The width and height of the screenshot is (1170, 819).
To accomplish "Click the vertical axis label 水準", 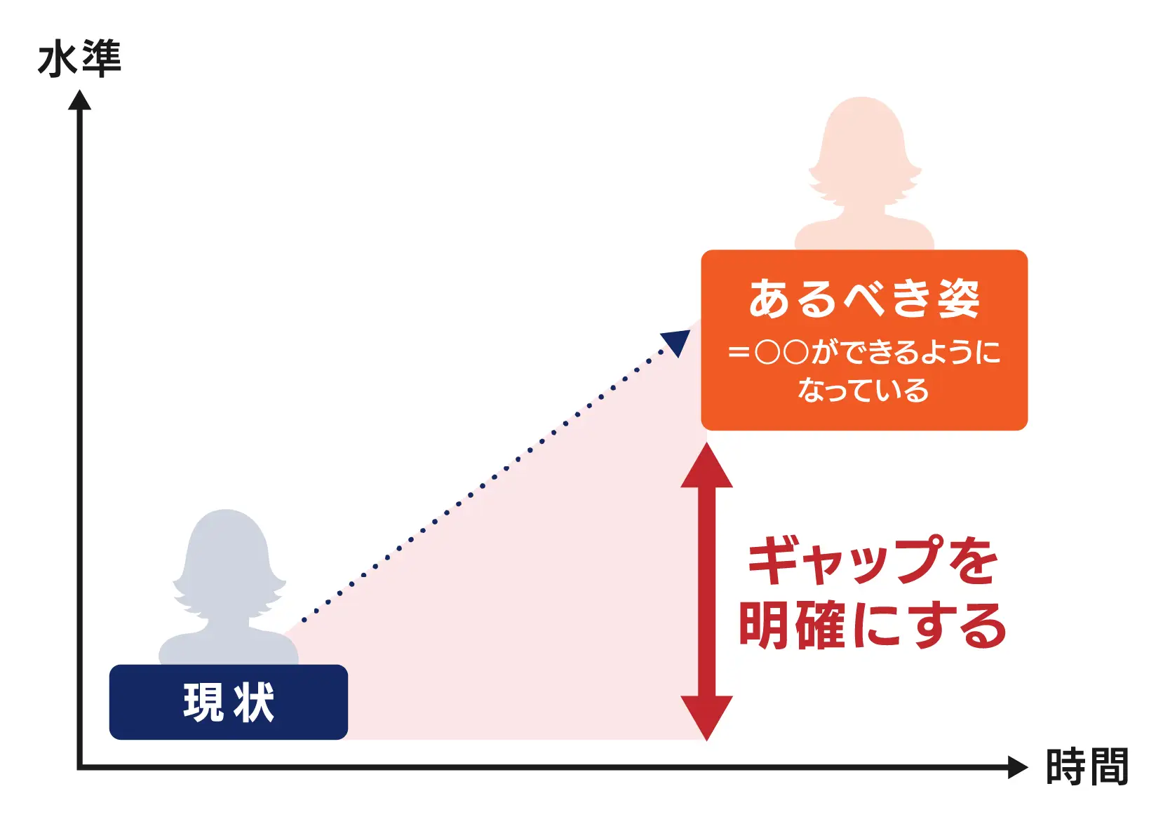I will (79, 59).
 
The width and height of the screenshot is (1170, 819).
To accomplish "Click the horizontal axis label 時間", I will (1087, 766).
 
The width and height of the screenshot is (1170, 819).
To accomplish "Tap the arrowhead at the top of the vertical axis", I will (79, 101).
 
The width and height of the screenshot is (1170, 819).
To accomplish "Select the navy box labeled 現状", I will (228, 702).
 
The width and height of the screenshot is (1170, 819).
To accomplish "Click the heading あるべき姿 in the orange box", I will (864, 299).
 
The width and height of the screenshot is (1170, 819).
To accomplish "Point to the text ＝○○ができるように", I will (864, 351).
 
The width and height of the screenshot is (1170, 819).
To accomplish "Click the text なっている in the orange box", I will (863, 391).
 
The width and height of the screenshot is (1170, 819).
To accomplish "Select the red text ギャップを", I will (872, 561).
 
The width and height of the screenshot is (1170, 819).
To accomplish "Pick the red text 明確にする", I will (872, 625).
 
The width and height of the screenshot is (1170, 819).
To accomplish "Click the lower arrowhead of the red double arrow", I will (707, 716).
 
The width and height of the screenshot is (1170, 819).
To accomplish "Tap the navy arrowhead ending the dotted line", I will (677, 341).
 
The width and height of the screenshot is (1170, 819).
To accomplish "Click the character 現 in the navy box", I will (204, 702).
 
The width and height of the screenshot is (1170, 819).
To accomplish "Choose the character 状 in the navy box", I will (254, 702).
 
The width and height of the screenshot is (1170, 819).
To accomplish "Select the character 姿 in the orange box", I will (959, 299).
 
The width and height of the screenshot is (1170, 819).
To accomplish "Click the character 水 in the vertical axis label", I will (57, 60).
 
